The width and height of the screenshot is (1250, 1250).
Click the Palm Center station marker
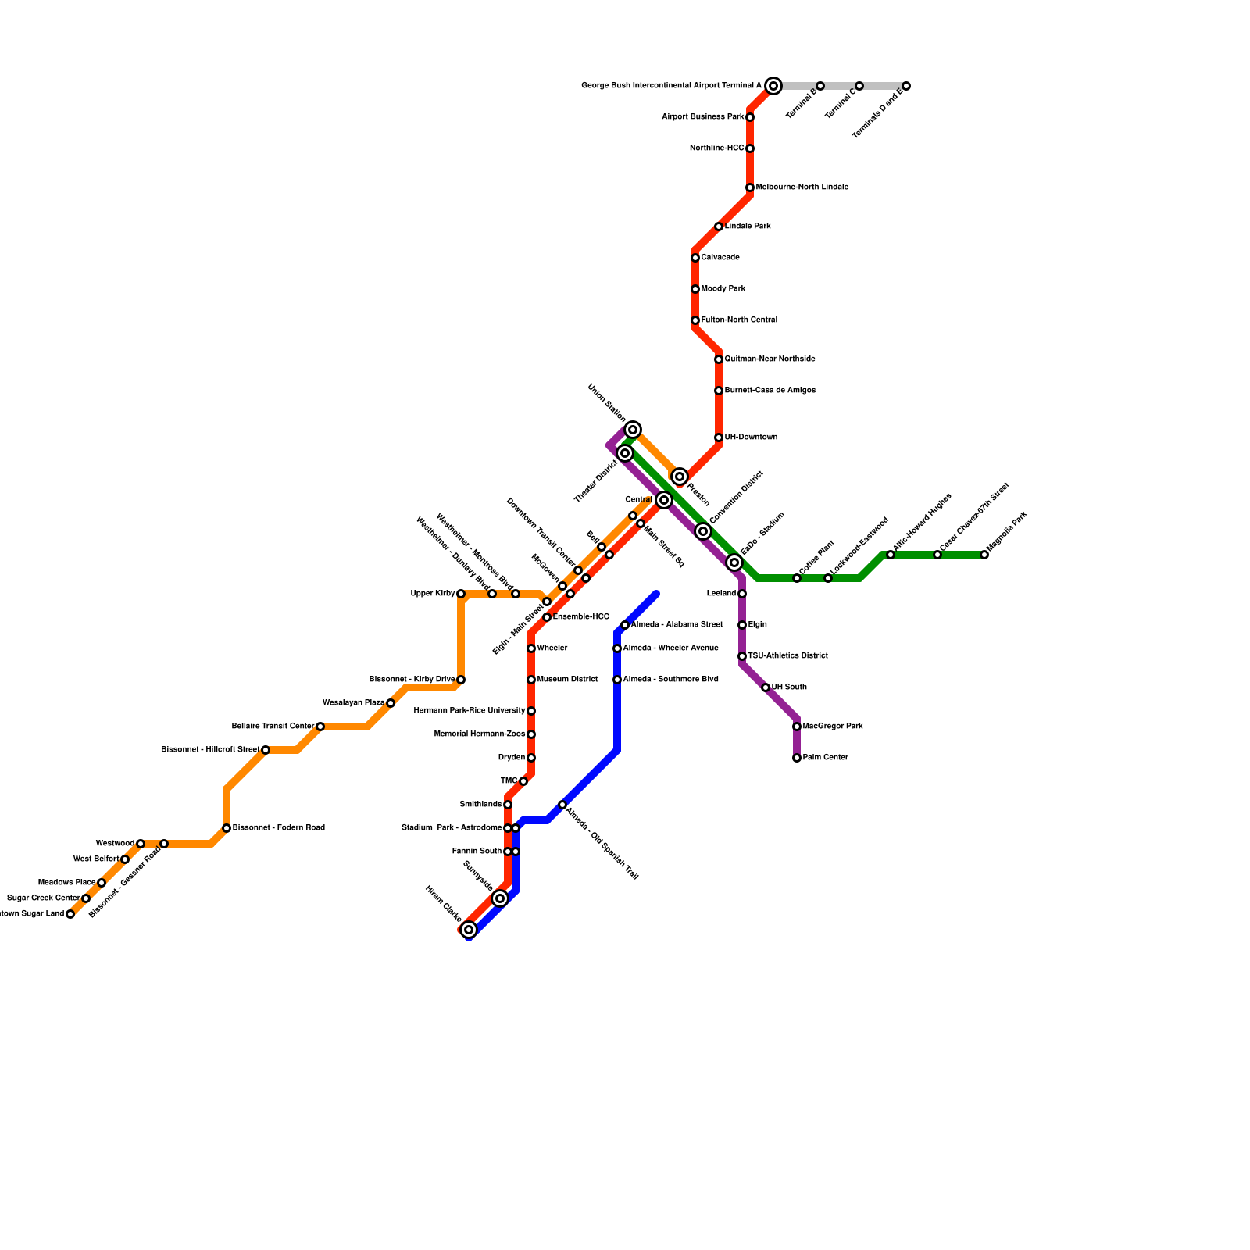[x=797, y=758]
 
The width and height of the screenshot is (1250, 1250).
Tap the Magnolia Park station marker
[x=984, y=555]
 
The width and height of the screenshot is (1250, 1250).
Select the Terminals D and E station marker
[x=906, y=86]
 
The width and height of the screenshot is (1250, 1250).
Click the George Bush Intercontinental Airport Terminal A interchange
[x=773, y=86]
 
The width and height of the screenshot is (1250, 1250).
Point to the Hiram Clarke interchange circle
[x=469, y=930]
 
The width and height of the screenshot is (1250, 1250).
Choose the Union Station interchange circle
[x=633, y=430]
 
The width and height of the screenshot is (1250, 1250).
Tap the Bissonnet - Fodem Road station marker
[x=227, y=828]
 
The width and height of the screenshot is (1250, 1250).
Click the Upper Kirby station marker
[x=461, y=594]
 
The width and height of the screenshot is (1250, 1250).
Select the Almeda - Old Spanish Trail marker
[x=562, y=805]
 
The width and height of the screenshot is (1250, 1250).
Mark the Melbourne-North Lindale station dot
[x=750, y=187]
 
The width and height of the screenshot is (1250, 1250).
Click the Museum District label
[x=567, y=680]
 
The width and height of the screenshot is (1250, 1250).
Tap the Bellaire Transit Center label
[x=273, y=727]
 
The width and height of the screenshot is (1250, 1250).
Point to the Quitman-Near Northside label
[x=770, y=359]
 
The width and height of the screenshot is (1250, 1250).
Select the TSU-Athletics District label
[x=787, y=656]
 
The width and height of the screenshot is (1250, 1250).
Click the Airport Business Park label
[x=702, y=117]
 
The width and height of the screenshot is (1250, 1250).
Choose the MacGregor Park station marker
[x=797, y=727]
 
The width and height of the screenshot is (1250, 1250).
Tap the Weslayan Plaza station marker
[x=391, y=703]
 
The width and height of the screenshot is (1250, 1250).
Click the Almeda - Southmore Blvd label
[x=670, y=680]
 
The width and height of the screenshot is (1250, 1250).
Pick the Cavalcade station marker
[x=695, y=258]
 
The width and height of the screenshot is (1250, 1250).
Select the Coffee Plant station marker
[x=797, y=578]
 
